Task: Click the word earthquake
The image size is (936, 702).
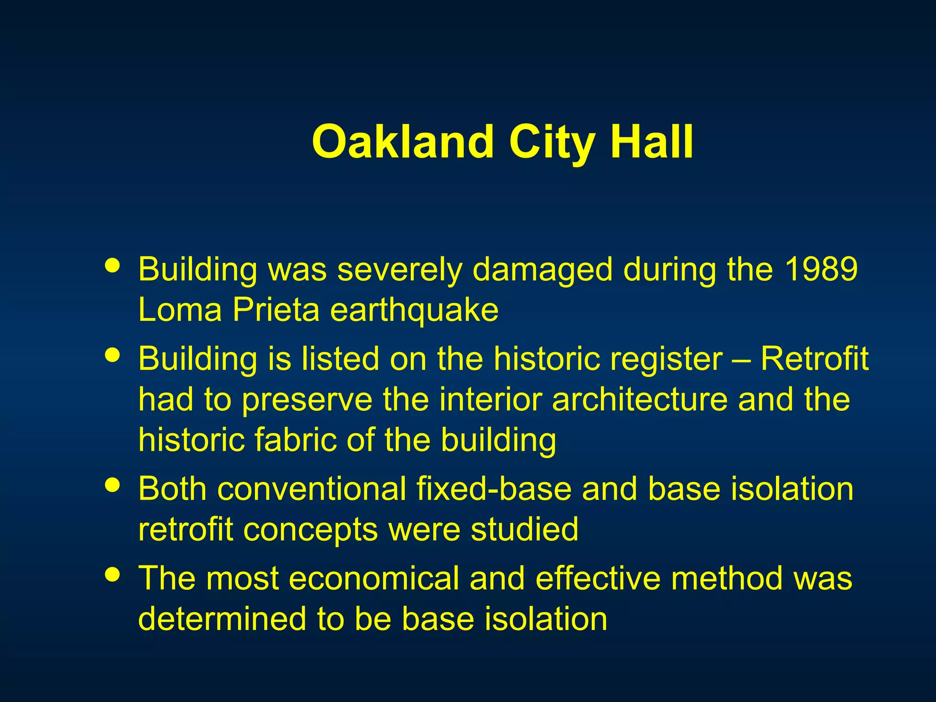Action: [414, 311]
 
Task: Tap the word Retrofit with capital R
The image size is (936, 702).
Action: [814, 359]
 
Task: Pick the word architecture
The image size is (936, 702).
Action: [639, 399]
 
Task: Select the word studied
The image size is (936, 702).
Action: [525, 529]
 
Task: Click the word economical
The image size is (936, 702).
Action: [373, 578]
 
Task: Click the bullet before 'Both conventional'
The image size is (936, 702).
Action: [112, 484]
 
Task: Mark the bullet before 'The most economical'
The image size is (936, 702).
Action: [112, 574]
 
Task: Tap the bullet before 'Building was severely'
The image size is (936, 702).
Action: [112, 265]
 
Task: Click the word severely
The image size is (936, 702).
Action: [399, 271]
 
